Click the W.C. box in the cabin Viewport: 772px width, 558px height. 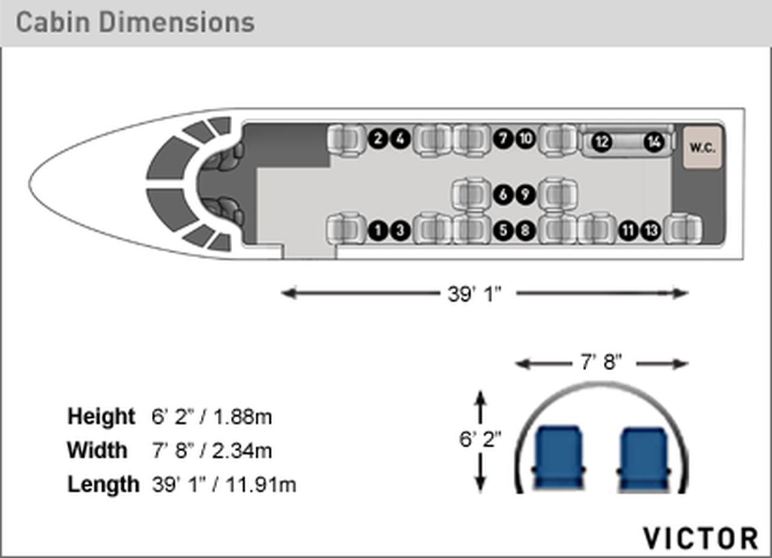pos(703,147)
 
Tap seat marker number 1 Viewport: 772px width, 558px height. pos(378,231)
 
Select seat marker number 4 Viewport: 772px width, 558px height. pos(400,139)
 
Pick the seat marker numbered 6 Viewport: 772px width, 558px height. pos(503,194)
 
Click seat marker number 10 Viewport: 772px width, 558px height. pos(525,139)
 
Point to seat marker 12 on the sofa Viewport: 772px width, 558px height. pos(602,142)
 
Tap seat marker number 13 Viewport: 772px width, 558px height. pos(651,231)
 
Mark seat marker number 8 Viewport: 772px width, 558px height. pos(525,231)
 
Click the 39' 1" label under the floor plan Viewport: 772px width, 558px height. pos(474,294)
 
